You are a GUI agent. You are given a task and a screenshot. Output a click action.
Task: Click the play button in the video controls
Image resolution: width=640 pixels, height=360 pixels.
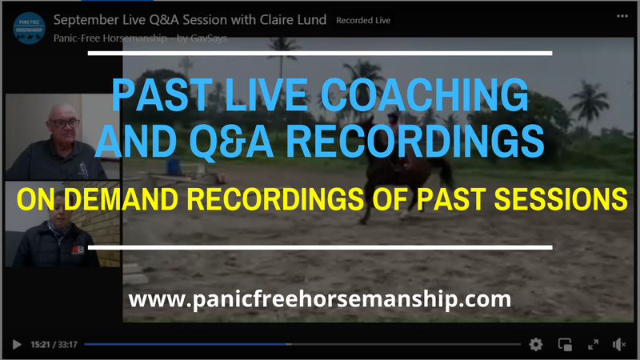click(x=17, y=345)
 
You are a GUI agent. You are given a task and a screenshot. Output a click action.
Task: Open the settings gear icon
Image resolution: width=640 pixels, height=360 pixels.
click(x=535, y=345)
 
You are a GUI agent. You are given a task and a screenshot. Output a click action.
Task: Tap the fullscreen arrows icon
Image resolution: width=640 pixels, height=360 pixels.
click(x=593, y=345)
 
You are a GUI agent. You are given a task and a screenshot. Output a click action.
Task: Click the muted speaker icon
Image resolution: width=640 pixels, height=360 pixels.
click(x=618, y=345)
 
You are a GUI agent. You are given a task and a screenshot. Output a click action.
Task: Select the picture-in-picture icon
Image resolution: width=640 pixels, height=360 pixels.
click(x=565, y=345)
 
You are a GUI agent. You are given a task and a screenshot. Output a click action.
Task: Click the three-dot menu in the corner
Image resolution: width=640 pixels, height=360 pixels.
click(x=622, y=16)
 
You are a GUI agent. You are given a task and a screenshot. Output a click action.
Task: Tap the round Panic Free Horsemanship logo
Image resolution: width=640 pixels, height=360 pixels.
click(x=29, y=28)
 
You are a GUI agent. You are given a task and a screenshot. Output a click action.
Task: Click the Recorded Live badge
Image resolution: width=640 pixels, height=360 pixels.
click(x=363, y=21)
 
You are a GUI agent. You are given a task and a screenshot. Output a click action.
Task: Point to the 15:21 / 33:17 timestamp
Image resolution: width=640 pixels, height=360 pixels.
click(x=54, y=345)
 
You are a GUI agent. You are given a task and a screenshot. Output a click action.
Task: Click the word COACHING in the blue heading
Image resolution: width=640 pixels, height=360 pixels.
click(x=424, y=94)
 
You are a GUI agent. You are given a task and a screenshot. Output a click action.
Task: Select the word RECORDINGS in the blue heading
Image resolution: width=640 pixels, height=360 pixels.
click(x=415, y=141)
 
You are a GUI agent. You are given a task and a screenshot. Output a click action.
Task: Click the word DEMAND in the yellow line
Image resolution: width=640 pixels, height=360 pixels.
click(x=121, y=199)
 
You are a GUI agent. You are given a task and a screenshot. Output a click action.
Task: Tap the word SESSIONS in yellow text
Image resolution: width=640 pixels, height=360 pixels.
click(x=561, y=199)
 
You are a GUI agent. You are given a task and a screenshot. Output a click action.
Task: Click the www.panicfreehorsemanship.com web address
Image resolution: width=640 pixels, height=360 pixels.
click(x=319, y=299)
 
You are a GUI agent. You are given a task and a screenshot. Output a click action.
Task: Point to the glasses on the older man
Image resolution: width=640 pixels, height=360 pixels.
click(x=64, y=123)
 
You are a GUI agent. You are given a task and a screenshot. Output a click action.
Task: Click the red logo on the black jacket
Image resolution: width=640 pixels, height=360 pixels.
click(x=78, y=250)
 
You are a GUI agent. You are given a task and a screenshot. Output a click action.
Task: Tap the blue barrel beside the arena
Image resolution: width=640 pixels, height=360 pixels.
click(x=174, y=166)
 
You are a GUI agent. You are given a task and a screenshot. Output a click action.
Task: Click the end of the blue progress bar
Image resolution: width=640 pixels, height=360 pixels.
click(x=288, y=345)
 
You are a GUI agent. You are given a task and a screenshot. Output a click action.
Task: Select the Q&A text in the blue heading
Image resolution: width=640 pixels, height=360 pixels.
click(x=231, y=142)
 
